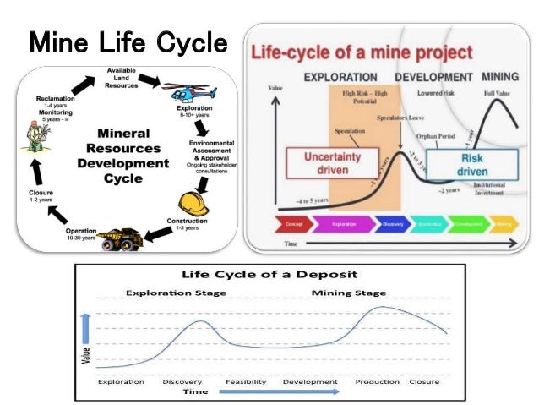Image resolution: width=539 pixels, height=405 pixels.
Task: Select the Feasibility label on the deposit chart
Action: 246,382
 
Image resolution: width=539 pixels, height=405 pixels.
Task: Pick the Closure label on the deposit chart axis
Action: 423,382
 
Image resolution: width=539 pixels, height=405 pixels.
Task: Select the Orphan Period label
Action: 434,136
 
